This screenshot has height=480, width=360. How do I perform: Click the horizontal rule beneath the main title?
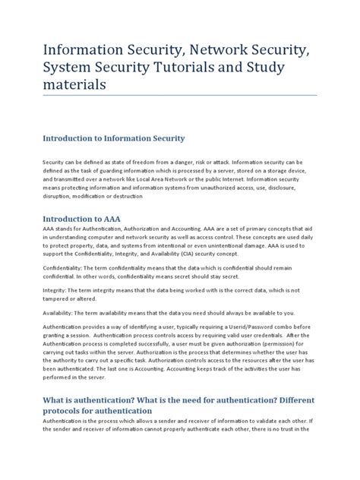pyautogui.click(x=179, y=96)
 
